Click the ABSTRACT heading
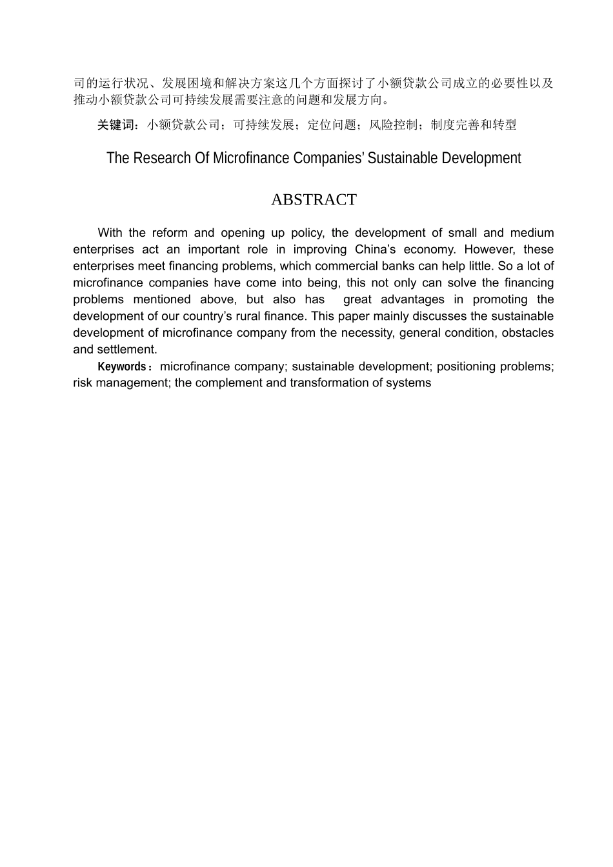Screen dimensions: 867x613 (x=314, y=200)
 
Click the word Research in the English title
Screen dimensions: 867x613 (x=163, y=158)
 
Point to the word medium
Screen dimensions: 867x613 (x=532, y=233)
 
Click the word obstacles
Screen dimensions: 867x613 (x=528, y=333)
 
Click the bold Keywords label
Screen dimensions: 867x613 (x=122, y=366)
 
